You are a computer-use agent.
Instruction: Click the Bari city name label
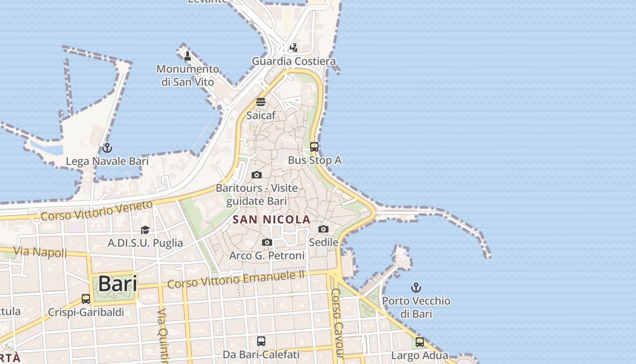(117, 283)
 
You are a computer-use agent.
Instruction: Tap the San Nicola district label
(272, 220)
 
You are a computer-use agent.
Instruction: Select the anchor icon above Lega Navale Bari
(107, 148)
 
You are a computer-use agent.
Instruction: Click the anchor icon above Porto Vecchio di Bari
(416, 288)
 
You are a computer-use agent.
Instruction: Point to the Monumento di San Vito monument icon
(187, 56)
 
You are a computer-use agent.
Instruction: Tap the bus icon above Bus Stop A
(314, 147)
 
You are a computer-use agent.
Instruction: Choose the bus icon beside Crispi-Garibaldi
(86, 299)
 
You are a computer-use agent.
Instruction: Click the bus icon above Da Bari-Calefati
(261, 341)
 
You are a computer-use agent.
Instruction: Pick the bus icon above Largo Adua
(420, 342)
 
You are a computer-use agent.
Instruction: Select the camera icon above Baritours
(257, 175)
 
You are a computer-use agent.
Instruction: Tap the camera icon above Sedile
(323, 229)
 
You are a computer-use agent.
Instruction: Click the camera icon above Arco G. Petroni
(267, 243)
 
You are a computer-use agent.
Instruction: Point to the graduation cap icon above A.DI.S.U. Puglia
(145, 230)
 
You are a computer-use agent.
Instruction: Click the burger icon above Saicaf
(261, 101)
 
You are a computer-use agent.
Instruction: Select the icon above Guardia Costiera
(294, 47)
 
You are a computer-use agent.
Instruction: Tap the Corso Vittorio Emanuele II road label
(236, 278)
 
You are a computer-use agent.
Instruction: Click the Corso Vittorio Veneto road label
(96, 211)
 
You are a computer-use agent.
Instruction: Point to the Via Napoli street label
(40, 252)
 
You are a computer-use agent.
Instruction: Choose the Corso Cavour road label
(338, 323)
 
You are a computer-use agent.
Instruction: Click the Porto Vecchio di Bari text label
(416, 307)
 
